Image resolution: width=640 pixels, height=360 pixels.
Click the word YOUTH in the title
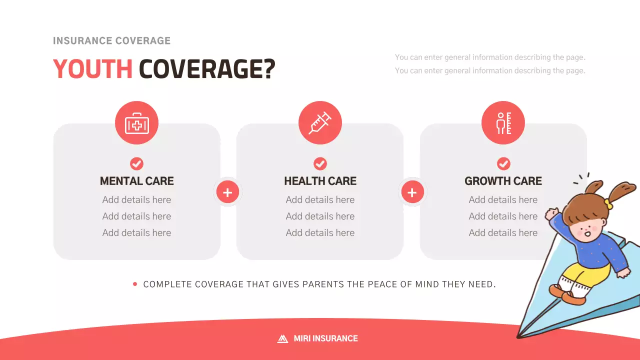(x=92, y=69)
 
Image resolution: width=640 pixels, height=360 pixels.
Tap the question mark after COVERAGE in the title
(x=269, y=69)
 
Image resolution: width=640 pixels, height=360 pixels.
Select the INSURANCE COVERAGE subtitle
(x=111, y=41)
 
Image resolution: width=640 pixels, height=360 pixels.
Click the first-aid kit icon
(x=136, y=123)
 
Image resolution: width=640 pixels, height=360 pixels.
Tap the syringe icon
(x=320, y=123)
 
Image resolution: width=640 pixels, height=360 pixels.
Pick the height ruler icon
(x=503, y=123)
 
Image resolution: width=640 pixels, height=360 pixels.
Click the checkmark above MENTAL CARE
(x=136, y=163)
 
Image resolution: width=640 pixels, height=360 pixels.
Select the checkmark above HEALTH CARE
(x=320, y=163)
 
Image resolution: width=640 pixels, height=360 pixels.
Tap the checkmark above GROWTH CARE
(x=503, y=163)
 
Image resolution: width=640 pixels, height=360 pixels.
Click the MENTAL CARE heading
(x=136, y=181)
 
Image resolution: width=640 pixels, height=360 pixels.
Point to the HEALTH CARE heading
(x=320, y=181)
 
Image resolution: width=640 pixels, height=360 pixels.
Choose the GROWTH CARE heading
(x=503, y=181)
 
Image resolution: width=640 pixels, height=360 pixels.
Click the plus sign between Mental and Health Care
(x=227, y=192)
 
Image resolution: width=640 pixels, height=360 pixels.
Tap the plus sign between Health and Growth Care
(x=412, y=192)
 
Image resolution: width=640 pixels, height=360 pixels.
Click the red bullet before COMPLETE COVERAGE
(x=135, y=284)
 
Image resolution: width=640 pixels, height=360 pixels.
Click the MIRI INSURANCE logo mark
(x=282, y=338)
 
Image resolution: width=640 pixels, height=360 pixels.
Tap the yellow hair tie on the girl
(x=608, y=203)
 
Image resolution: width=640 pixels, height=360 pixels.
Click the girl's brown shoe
(x=573, y=297)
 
